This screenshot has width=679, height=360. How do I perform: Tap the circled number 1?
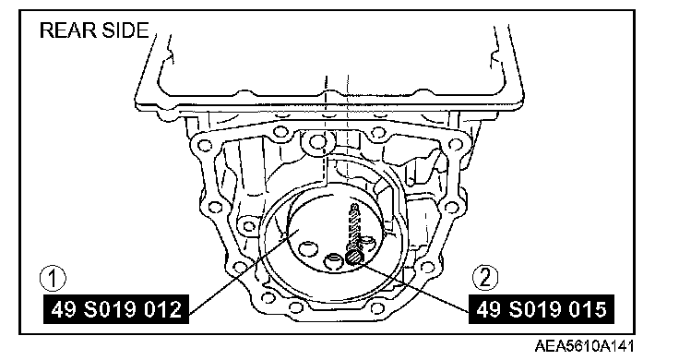click(x=53, y=278)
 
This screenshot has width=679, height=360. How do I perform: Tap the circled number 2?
click(x=484, y=278)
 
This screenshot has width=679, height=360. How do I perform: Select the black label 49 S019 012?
click(x=116, y=309)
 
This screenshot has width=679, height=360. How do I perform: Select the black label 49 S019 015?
click(x=542, y=309)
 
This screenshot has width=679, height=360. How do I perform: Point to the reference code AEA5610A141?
click(x=584, y=346)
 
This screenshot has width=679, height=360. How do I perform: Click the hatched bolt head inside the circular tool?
click(x=353, y=258)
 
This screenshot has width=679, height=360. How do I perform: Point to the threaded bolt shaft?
click(x=353, y=227)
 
